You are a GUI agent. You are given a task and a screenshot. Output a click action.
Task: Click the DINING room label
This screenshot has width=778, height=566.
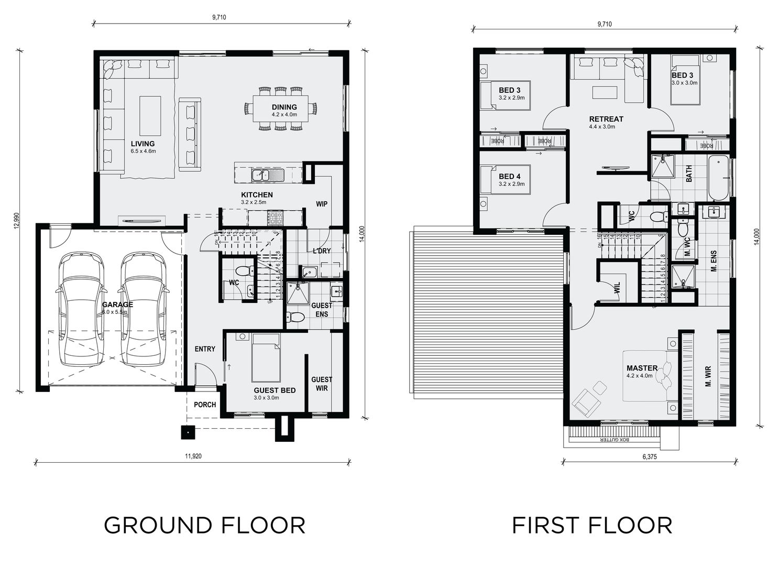pyautogui.click(x=284, y=107)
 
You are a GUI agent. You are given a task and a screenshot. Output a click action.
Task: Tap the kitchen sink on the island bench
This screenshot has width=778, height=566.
pyautogui.click(x=267, y=175)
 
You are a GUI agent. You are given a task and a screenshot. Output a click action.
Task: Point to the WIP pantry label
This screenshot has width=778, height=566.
pyautogui.click(x=321, y=203)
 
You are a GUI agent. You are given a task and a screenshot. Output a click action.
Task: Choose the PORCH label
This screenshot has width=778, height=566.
pyautogui.click(x=205, y=405)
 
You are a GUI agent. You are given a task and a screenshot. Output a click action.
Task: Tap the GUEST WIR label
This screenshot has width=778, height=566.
pyautogui.click(x=322, y=384)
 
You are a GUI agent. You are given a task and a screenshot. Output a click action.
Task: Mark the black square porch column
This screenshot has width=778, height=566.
pyautogui.click(x=188, y=432)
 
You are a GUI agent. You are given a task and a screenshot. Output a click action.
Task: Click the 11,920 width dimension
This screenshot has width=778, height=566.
pyautogui.click(x=193, y=456)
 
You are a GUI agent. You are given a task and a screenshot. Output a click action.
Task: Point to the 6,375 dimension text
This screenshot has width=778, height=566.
pyautogui.click(x=650, y=456)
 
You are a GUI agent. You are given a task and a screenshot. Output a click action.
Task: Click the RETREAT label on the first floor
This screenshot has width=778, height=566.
pyautogui.click(x=606, y=119)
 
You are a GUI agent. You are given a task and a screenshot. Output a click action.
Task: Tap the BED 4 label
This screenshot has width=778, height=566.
pyautogui.click(x=510, y=177)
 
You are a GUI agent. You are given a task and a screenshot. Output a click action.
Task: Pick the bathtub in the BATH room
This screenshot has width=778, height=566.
pyautogui.click(x=718, y=178)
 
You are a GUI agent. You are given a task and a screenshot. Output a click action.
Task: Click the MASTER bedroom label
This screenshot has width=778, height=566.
pyautogui.click(x=642, y=368)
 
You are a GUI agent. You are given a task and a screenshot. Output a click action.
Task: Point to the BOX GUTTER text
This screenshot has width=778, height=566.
pyautogui.click(x=612, y=440)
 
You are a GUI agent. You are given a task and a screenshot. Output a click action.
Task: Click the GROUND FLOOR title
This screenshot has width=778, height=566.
pyautogui.click(x=204, y=525)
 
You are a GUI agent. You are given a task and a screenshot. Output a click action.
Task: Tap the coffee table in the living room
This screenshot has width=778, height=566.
pyautogui.click(x=150, y=115)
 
